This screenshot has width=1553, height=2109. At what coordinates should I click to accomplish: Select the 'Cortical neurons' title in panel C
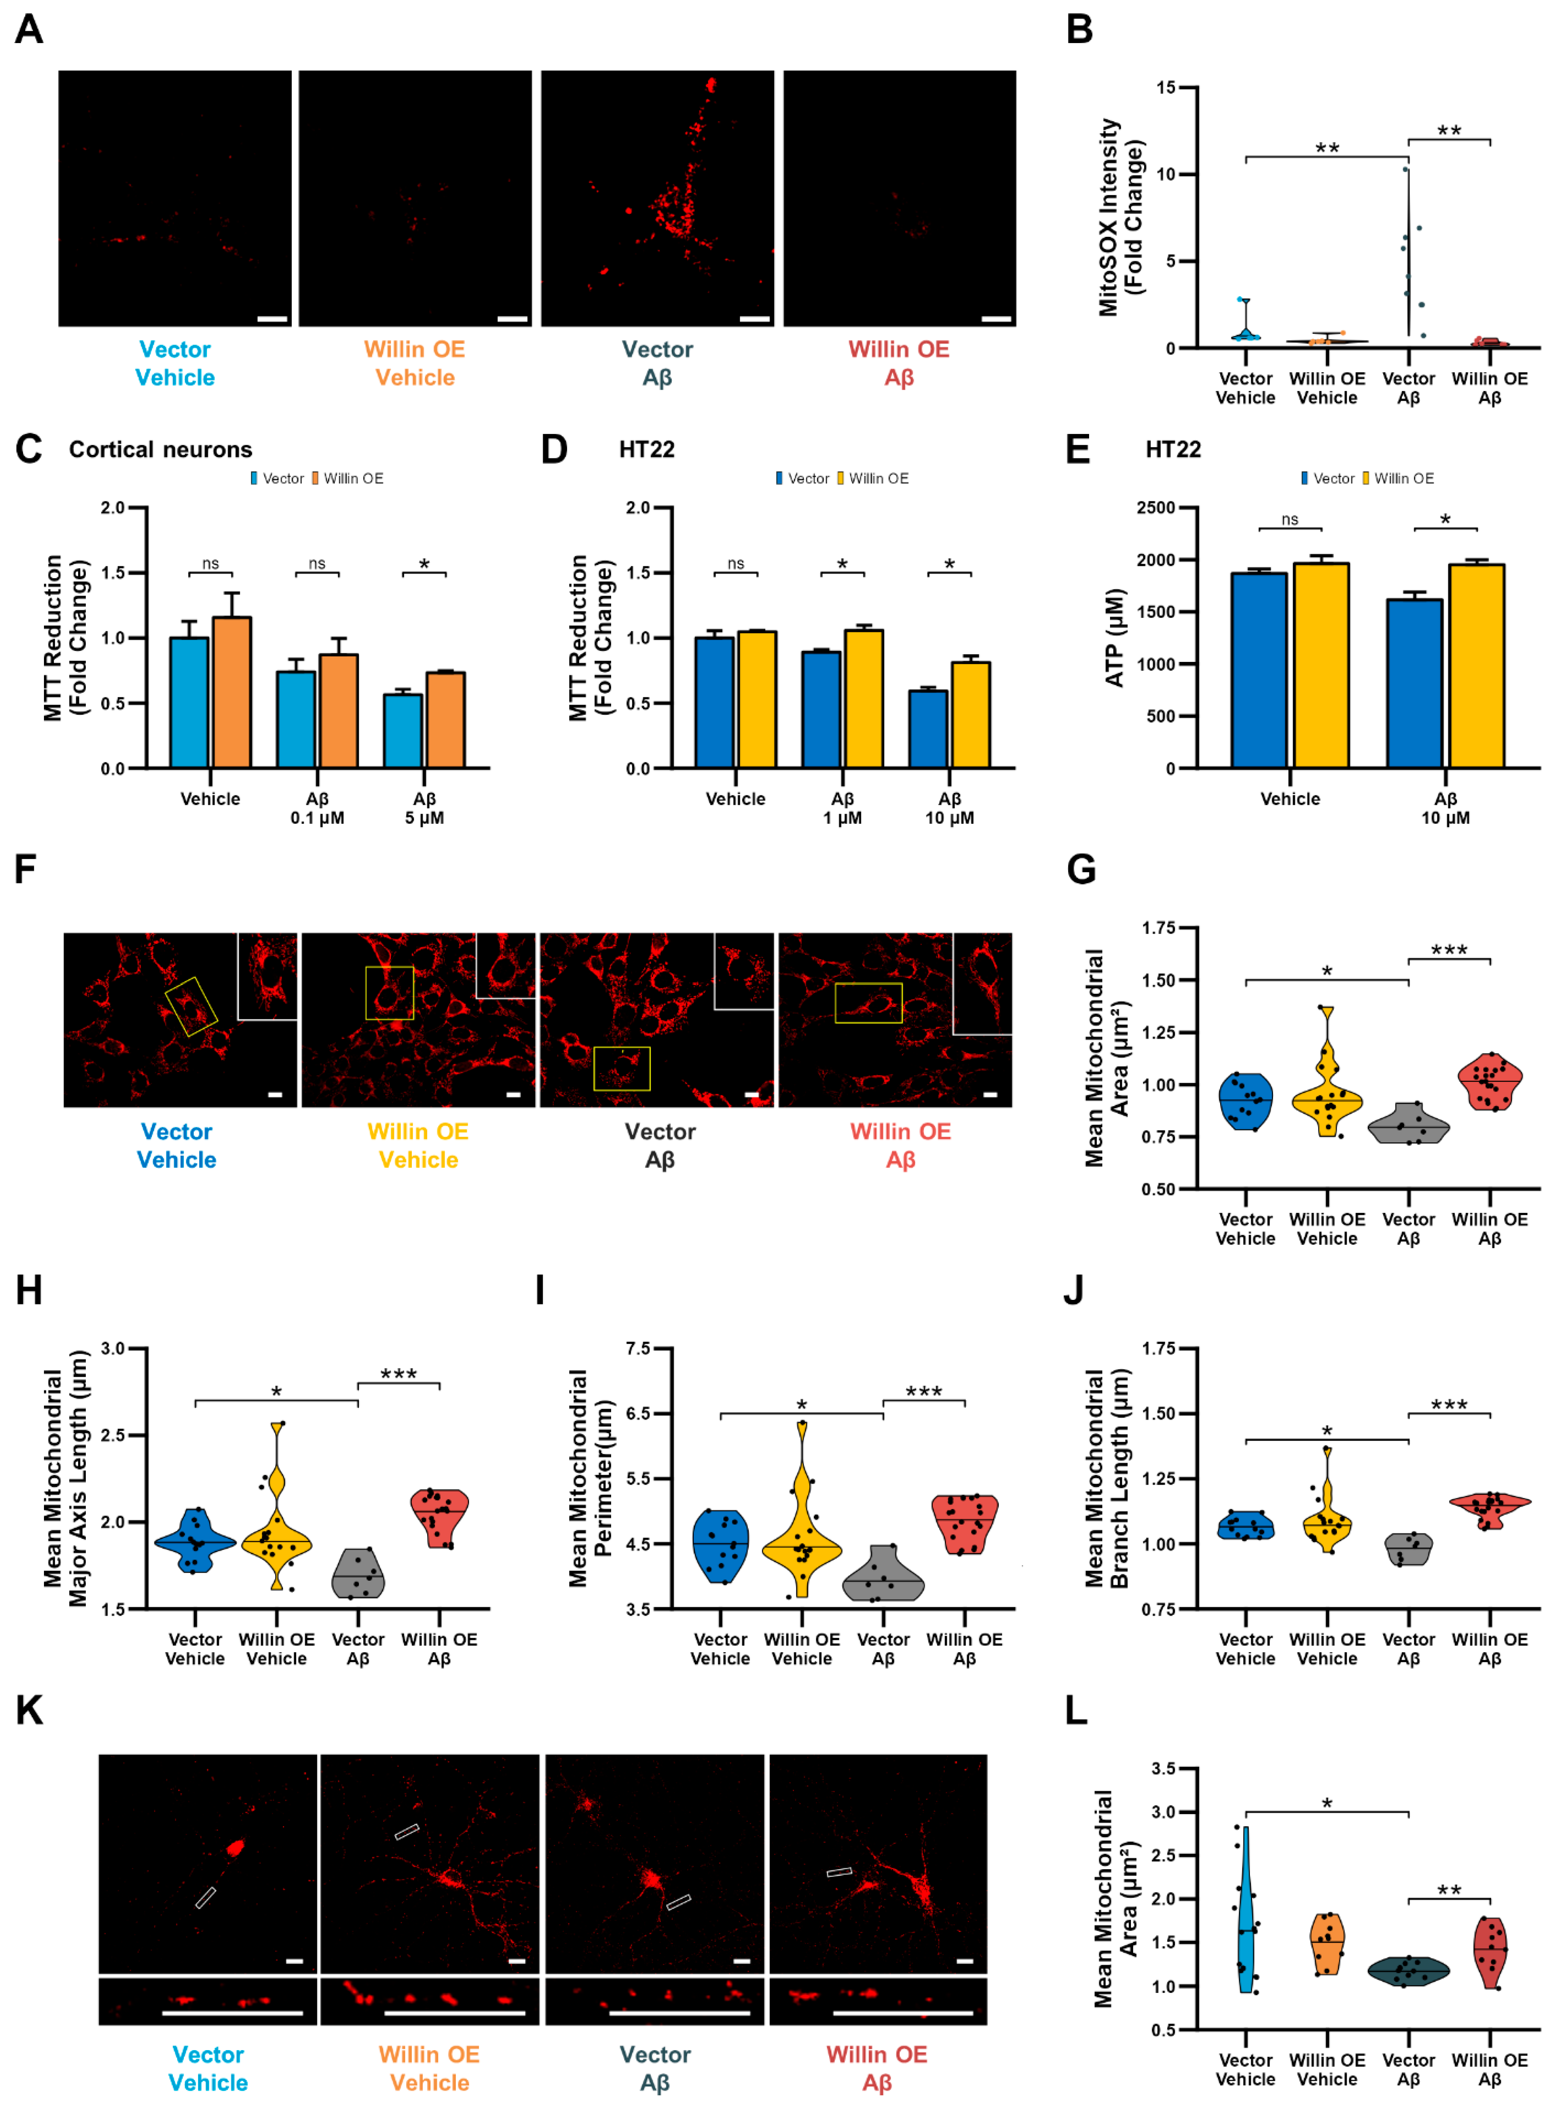tap(161, 449)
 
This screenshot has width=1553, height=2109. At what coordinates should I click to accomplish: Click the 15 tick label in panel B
tap(1165, 87)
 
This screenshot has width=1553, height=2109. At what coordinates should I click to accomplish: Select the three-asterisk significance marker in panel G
tap(1448, 950)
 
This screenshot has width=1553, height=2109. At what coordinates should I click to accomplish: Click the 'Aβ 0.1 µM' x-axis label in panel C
tap(317, 808)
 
